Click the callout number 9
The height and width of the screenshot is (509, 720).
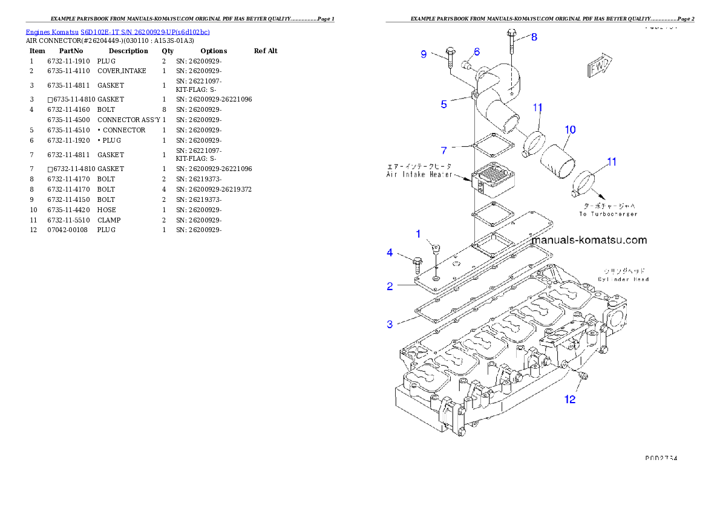point(424,54)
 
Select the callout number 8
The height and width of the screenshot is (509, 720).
point(534,37)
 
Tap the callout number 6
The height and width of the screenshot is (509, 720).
point(477,52)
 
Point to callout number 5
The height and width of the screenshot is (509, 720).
point(444,105)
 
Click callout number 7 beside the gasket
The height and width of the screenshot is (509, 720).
point(444,149)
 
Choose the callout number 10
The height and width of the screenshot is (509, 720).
point(570,129)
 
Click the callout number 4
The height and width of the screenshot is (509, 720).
point(390,253)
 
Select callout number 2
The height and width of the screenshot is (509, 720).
point(390,287)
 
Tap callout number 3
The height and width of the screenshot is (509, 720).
point(390,325)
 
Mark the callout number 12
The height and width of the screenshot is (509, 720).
point(570,399)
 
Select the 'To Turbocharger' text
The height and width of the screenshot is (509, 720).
point(608,214)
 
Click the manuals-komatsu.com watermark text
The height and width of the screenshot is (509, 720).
point(589,240)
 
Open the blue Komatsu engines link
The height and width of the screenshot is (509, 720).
point(117,32)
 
